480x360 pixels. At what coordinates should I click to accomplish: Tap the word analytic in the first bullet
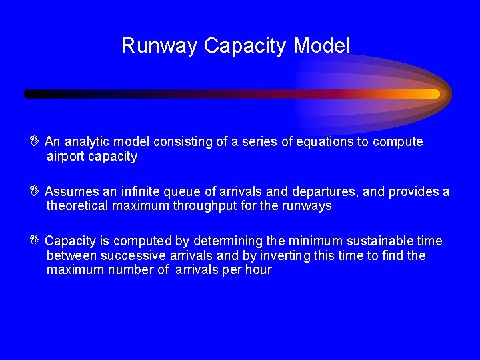click(87, 142)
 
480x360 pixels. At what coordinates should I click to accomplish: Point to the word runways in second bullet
click(307, 206)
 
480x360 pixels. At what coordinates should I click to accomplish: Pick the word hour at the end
click(259, 270)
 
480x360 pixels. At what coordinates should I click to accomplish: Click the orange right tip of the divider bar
click(435, 94)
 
